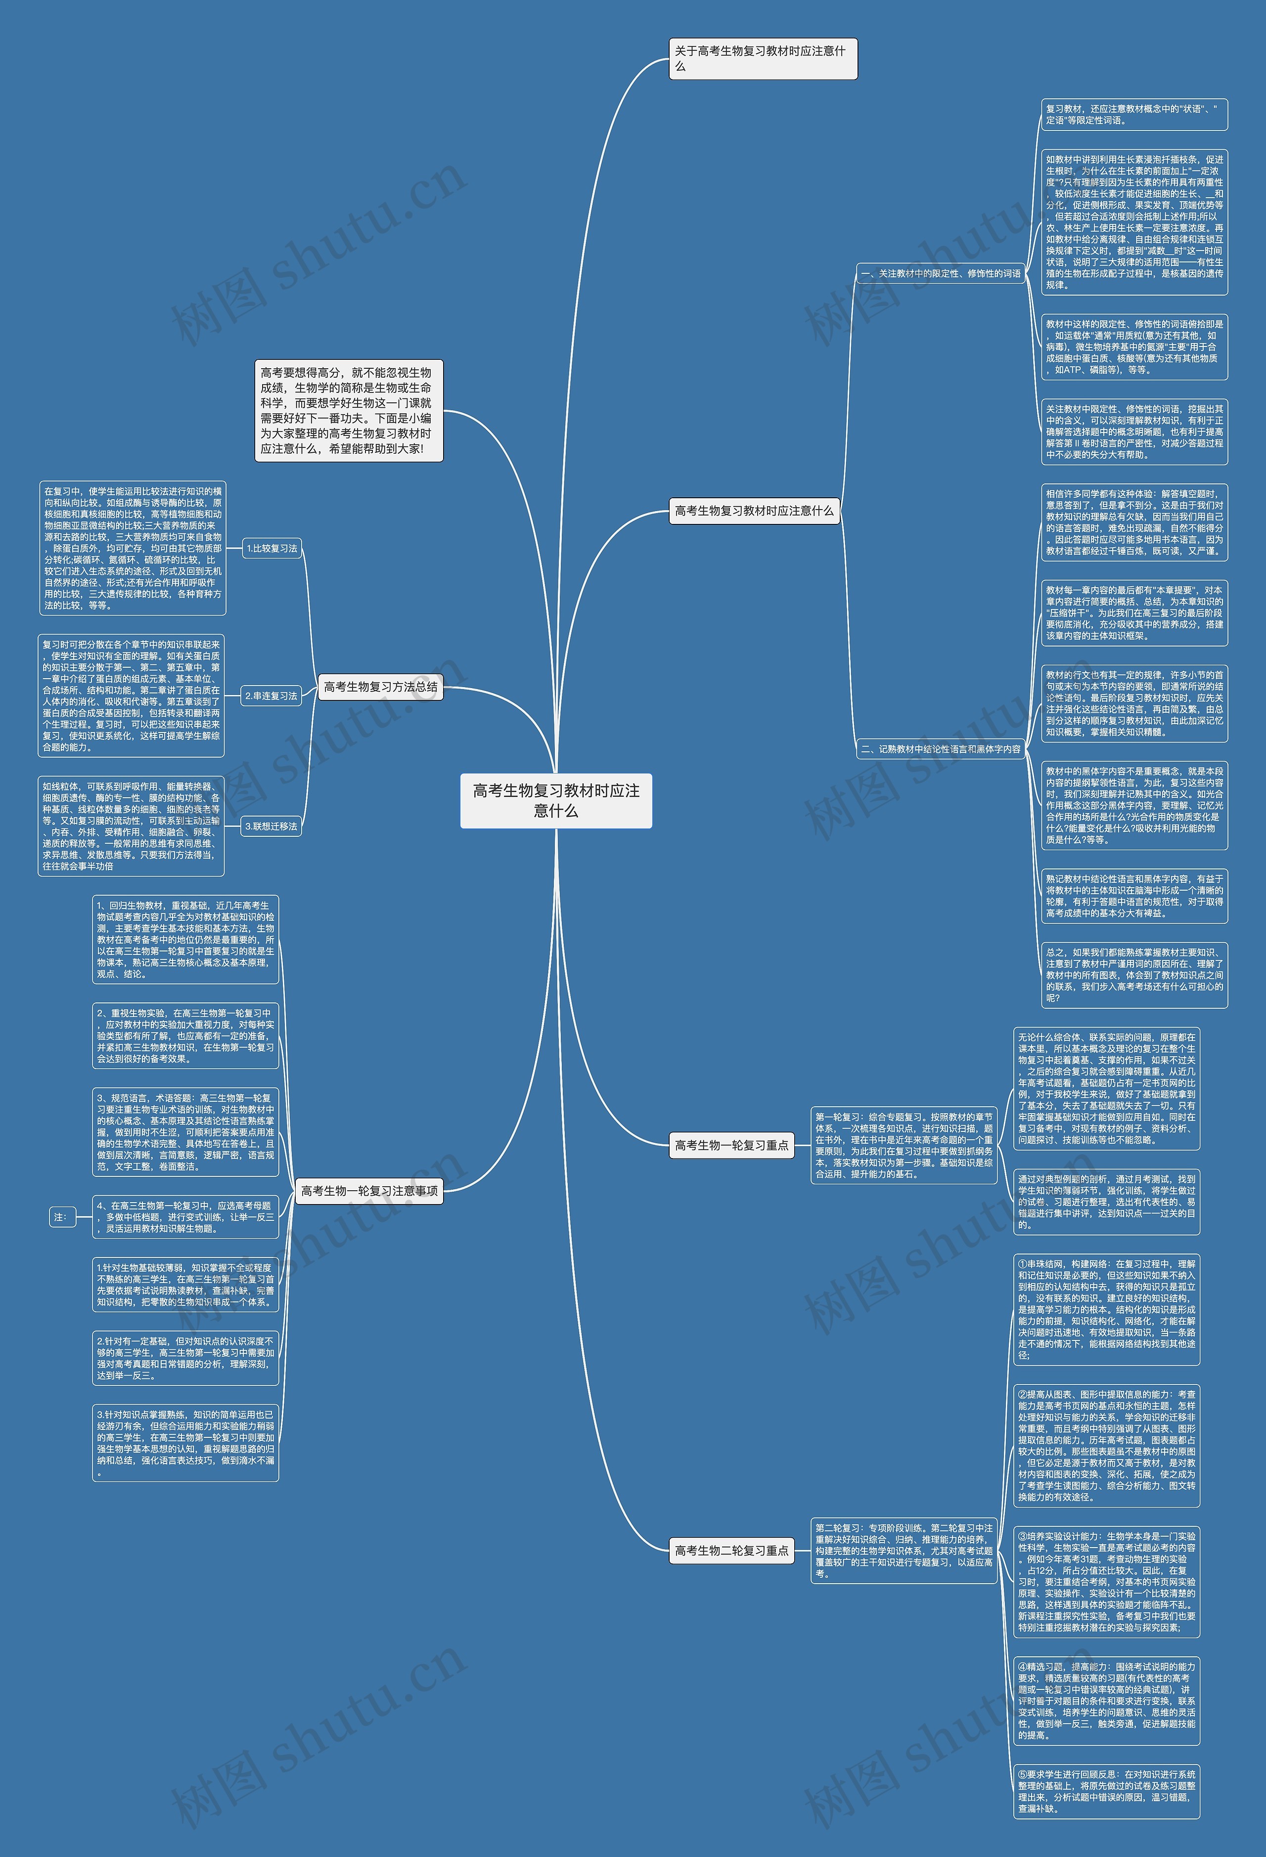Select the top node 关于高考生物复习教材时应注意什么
click(763, 58)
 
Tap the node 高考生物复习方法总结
click(380, 687)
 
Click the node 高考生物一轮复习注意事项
click(369, 1191)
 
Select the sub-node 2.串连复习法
click(271, 696)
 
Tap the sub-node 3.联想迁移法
click(271, 826)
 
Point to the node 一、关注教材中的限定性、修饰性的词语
click(941, 273)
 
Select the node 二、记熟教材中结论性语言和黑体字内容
click(941, 749)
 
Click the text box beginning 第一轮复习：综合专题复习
click(904, 1145)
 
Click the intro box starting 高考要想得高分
click(349, 410)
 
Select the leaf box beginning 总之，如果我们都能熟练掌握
click(1133, 974)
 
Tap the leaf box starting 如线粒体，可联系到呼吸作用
click(131, 826)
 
